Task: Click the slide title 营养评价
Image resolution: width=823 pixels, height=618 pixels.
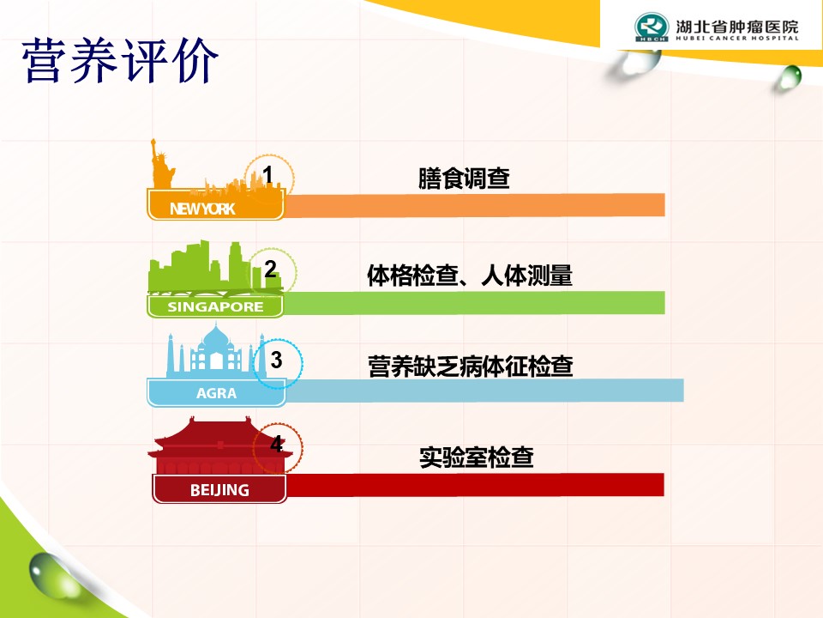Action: tap(120, 60)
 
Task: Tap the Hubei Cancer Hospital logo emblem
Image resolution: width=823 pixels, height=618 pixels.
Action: tap(652, 27)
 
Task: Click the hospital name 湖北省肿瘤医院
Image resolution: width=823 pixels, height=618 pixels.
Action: tap(737, 27)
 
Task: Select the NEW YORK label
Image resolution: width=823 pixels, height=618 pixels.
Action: tap(202, 209)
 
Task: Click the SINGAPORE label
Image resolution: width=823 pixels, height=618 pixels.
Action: tap(215, 307)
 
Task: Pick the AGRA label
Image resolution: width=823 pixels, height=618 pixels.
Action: tap(216, 393)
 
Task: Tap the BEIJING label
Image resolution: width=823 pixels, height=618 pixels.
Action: tap(219, 490)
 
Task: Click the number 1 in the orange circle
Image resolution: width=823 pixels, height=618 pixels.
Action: tap(267, 175)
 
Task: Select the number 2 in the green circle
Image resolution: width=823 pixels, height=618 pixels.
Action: tap(270, 269)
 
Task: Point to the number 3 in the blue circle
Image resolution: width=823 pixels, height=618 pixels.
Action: tap(276, 360)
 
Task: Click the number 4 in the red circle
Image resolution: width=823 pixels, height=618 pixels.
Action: tap(277, 444)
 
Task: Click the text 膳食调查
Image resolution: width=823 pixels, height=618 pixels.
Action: tap(464, 179)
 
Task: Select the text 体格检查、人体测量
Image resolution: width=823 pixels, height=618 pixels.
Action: tap(470, 276)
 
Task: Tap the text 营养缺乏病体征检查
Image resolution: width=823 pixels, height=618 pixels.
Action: tap(471, 367)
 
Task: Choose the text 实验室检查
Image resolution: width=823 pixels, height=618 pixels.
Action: tap(477, 457)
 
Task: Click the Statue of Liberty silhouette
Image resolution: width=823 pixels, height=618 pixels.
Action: tap(162, 164)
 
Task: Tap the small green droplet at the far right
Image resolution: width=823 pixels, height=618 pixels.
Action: tap(789, 77)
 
